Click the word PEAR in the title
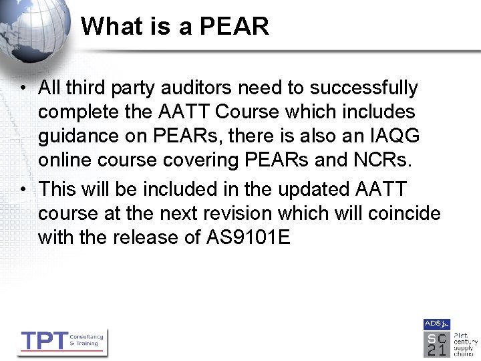(x=234, y=27)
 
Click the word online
(x=69, y=160)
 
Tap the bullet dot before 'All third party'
(x=23, y=88)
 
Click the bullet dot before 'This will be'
(x=23, y=190)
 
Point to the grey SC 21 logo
(x=436, y=344)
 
